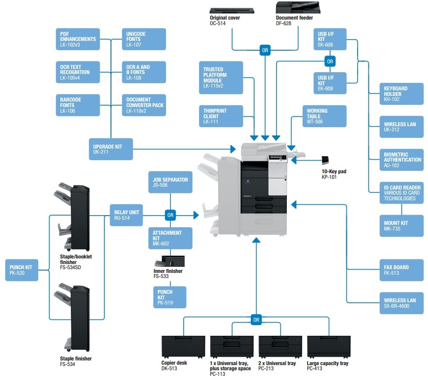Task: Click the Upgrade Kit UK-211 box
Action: tap(111, 149)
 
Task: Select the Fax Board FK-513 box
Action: tap(401, 270)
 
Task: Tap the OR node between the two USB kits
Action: tap(330, 61)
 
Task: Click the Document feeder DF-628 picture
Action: tap(298, 7)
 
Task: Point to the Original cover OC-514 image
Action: tap(232, 11)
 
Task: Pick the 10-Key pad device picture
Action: tap(325, 160)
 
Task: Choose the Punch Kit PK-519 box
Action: tap(170, 297)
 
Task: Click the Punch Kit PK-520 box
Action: tap(21, 270)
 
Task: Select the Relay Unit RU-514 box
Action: tap(126, 215)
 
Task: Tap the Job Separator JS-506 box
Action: tap(170, 182)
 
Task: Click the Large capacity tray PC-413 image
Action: tap(329, 347)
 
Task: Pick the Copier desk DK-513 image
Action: tap(183, 347)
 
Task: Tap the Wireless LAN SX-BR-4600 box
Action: tap(401, 303)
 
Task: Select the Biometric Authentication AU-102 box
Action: tap(401, 160)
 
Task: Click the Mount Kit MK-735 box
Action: tap(401, 226)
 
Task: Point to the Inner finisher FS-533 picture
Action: tap(170, 261)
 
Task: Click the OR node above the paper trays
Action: tap(256, 320)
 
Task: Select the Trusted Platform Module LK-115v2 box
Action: tap(221, 78)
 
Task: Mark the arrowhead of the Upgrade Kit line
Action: tap(233, 149)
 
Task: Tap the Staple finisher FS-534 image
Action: tap(72, 318)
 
